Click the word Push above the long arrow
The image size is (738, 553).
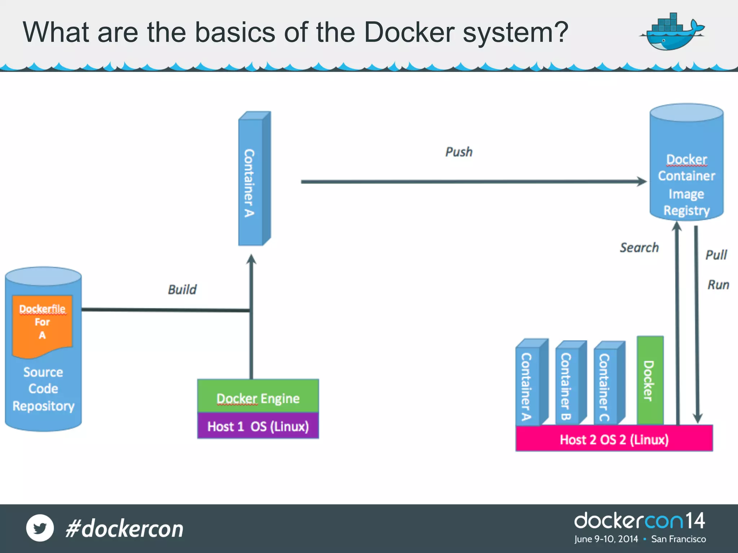[459, 152]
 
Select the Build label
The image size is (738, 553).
[182, 289]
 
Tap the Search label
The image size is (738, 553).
[639, 248]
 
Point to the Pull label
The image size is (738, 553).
[716, 255]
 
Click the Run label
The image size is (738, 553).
[718, 285]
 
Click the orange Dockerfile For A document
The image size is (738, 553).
[43, 324]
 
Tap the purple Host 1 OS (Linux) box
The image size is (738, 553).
[258, 426]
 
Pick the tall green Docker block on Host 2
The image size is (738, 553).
[650, 380]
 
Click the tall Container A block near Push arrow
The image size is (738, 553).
[252, 180]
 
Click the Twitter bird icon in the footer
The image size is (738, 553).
[40, 528]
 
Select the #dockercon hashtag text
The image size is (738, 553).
[125, 529]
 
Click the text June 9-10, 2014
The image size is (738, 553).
[606, 539]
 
